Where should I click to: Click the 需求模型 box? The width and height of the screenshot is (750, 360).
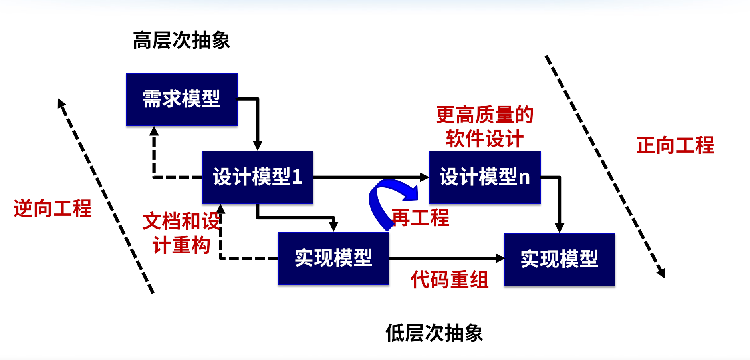point(182,99)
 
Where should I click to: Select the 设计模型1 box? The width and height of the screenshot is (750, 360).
point(258,177)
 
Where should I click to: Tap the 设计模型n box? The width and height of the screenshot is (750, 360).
point(485,177)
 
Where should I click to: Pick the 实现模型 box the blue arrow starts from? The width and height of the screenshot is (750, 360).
point(333,258)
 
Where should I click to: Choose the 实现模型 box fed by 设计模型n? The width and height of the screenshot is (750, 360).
point(560,259)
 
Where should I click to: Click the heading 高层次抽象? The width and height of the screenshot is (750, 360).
point(181,40)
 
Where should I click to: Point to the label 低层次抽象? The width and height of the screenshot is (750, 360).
point(434,333)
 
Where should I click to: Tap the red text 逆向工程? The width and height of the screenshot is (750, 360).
point(53,208)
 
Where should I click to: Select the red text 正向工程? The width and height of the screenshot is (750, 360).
point(675,145)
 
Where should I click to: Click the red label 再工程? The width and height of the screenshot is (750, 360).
point(421,218)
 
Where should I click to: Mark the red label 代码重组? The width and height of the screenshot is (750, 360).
point(449,279)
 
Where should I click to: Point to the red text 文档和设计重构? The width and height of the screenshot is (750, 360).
point(181,233)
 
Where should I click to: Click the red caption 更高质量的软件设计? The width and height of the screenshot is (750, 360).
point(484,127)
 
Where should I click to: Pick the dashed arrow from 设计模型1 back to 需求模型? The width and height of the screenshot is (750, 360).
point(154,160)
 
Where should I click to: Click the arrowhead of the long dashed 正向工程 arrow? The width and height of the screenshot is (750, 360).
point(661,272)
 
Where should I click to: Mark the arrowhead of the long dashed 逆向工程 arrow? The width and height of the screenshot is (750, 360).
point(62,103)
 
